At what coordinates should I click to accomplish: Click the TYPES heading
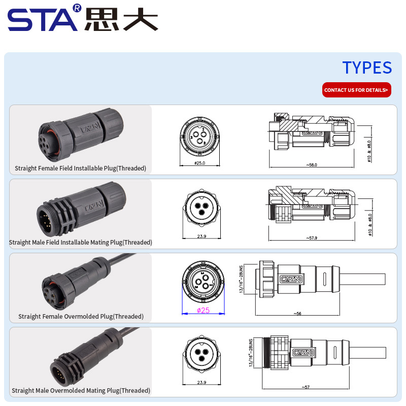pos(367,67)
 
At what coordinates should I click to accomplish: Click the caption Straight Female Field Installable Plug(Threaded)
pos(80,168)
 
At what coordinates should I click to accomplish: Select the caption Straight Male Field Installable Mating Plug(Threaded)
pos(80,242)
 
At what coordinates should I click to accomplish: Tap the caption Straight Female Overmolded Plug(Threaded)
pos(81,316)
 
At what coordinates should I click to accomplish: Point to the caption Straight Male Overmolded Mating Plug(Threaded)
pos(81,390)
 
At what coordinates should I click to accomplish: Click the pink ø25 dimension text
pos(202,311)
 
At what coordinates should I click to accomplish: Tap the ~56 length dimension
pos(297,313)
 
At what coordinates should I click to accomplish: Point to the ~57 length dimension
pos(306,387)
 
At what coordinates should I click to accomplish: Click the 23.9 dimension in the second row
pos(201,236)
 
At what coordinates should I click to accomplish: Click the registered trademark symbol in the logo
pos(77,8)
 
